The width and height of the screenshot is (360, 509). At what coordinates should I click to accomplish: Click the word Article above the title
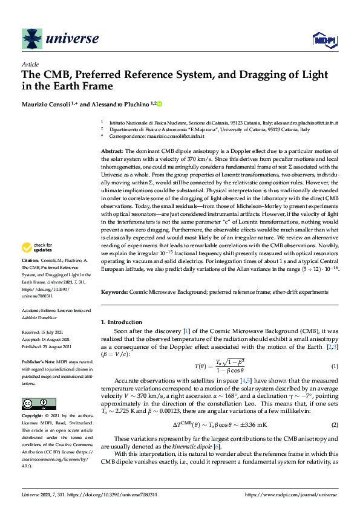(30, 64)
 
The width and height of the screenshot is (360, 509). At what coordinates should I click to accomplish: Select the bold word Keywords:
(114, 292)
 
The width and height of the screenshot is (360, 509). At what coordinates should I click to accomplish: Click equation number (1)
(334, 367)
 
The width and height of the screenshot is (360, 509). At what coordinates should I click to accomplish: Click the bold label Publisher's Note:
(39, 361)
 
